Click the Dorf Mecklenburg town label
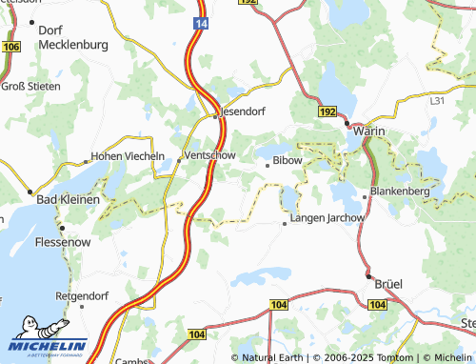click(x=72, y=37)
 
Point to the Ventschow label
click(x=209, y=155)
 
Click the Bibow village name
click(x=288, y=161)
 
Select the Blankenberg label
click(x=401, y=191)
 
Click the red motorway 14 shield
click(x=200, y=21)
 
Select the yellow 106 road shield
click(x=11, y=46)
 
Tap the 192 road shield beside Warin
click(x=327, y=112)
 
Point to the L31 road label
click(x=437, y=100)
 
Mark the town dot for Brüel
click(x=369, y=276)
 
